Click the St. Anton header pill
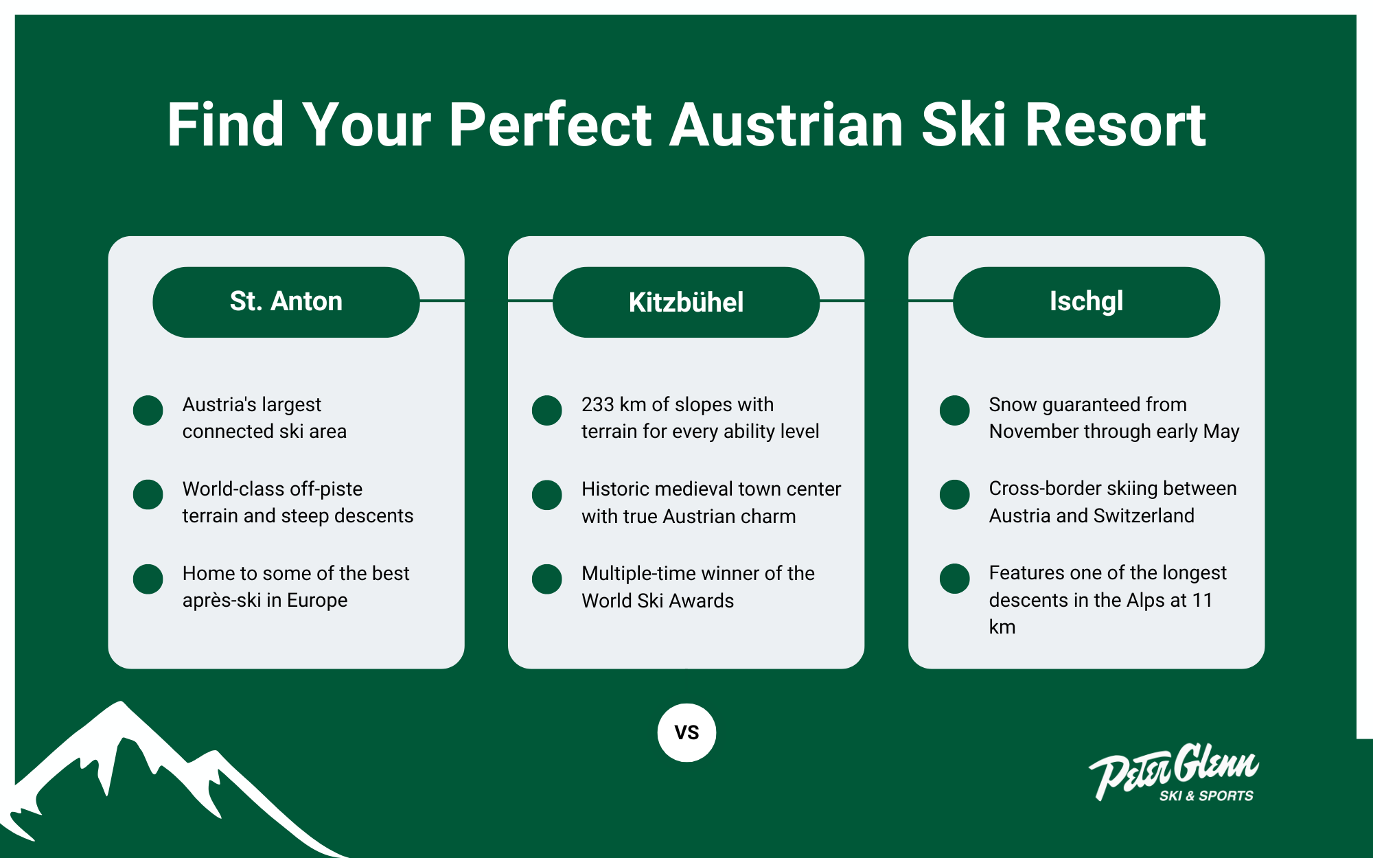point(286,302)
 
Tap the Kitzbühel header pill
point(686,302)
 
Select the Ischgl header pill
point(1086,302)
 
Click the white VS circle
point(686,732)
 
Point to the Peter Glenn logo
point(1174,772)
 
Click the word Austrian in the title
point(786,125)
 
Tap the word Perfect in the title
point(550,125)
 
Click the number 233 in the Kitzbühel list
point(598,404)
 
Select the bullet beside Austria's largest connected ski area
point(148,410)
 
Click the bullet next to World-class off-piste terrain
point(148,494)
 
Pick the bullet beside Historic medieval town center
point(547,494)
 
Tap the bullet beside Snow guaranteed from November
point(954,410)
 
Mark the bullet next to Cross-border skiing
point(954,494)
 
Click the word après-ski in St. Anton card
point(222,601)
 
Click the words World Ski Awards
point(658,601)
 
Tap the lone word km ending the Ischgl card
point(1002,627)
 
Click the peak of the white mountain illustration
point(122,702)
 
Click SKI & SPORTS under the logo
point(1206,796)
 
